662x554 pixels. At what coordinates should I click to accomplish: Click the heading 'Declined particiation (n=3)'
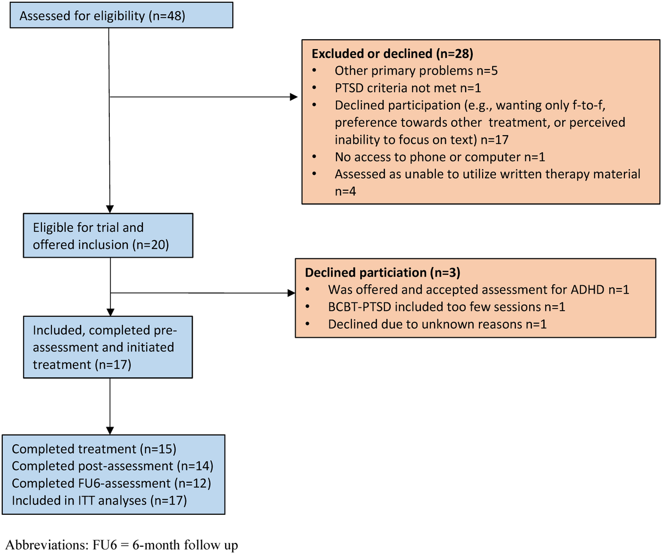click(382, 274)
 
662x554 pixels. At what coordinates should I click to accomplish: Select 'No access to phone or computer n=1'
click(423, 157)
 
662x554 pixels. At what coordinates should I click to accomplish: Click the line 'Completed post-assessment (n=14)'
click(113, 466)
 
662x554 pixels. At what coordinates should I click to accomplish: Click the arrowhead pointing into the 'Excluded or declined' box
click(293, 98)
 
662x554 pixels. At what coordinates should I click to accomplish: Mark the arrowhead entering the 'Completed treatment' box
click(110, 430)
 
